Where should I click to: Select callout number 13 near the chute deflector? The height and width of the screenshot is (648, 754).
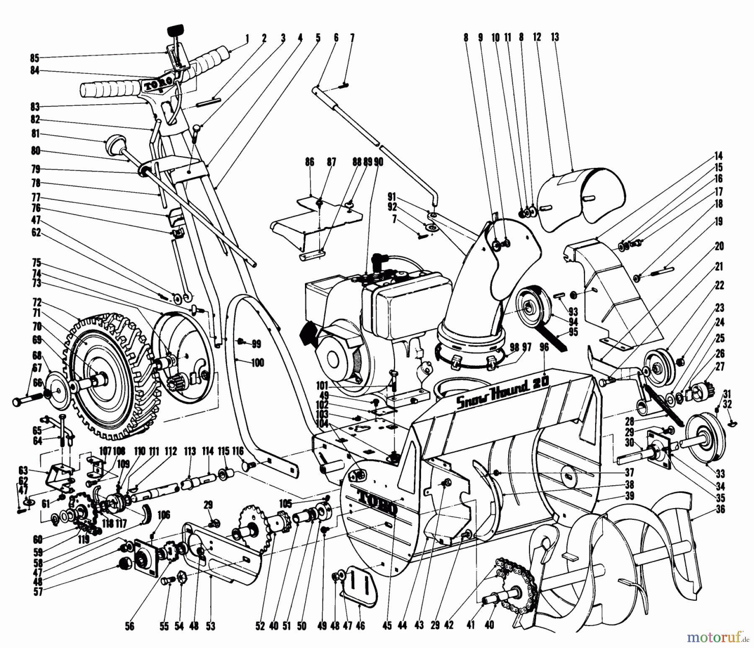[555, 38]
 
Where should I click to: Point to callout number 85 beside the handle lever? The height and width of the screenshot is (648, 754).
[34, 57]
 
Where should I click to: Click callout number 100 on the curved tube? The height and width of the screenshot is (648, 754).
[257, 362]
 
